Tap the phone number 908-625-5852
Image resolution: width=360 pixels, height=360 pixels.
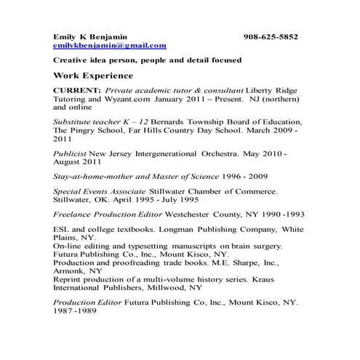pos(271,36)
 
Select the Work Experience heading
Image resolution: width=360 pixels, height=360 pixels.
pos(93,75)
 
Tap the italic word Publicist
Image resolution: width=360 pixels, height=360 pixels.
pos(71,154)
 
